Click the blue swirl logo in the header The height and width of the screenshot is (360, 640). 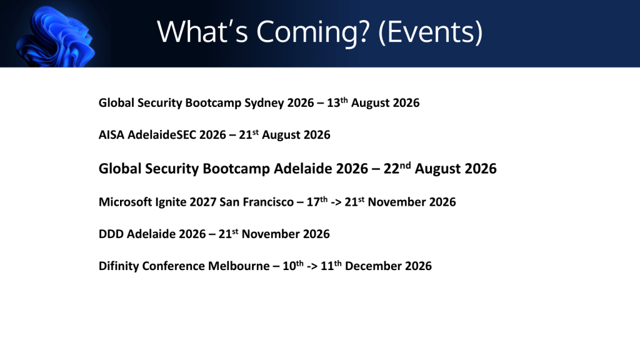tap(56, 37)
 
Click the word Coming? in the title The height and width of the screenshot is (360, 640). tap(313, 32)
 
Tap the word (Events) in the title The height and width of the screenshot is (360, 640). tap(431, 32)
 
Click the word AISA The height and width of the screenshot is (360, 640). tap(111, 135)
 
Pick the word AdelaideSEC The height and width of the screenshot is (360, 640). tap(162, 135)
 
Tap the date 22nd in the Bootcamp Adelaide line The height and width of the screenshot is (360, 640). tap(397, 167)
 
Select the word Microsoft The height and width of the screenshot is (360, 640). tap(125, 202)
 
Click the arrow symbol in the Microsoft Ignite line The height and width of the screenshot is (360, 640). tap(336, 202)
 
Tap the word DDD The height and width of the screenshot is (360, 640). tap(111, 234)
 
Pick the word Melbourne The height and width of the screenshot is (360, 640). tap(239, 266)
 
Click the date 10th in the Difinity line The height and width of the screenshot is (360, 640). tap(293, 265)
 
